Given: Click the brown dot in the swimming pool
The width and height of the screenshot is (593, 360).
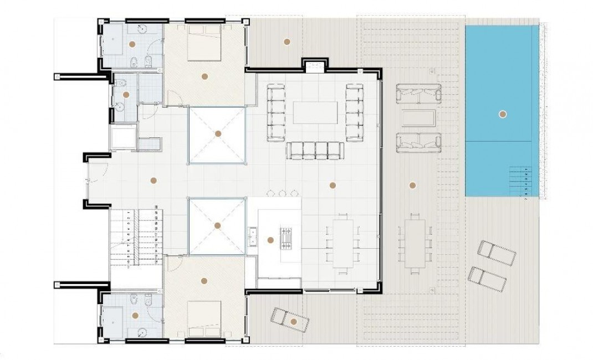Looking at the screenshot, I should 502,114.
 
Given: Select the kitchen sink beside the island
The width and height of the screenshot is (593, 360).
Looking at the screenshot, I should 253,236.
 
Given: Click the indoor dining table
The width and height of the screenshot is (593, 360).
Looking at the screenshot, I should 343,244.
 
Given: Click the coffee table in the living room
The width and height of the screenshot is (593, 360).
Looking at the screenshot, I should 315,112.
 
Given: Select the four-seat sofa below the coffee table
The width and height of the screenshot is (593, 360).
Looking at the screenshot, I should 315,150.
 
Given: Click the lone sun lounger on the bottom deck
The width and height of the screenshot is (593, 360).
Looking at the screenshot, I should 290,320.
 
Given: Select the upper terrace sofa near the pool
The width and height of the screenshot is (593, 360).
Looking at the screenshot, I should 418,92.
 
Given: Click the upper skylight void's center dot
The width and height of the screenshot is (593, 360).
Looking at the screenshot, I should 218,133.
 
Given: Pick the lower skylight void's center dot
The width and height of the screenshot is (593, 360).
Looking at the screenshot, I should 217,225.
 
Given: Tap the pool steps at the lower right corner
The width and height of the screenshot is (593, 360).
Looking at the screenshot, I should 524,181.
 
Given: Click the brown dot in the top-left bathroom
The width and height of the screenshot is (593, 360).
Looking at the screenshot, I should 132,43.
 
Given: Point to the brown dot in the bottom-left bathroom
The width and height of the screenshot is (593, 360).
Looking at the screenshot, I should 135,316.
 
